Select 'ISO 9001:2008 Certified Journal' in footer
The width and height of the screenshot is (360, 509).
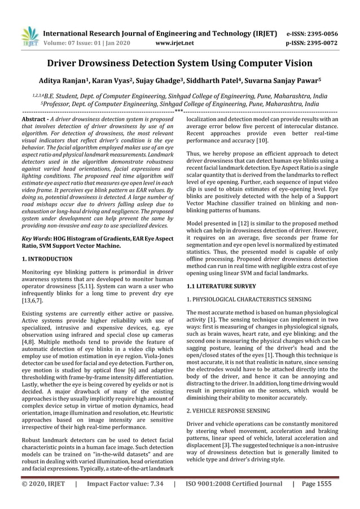click(234, 484)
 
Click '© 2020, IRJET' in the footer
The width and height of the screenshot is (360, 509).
click(43, 484)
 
